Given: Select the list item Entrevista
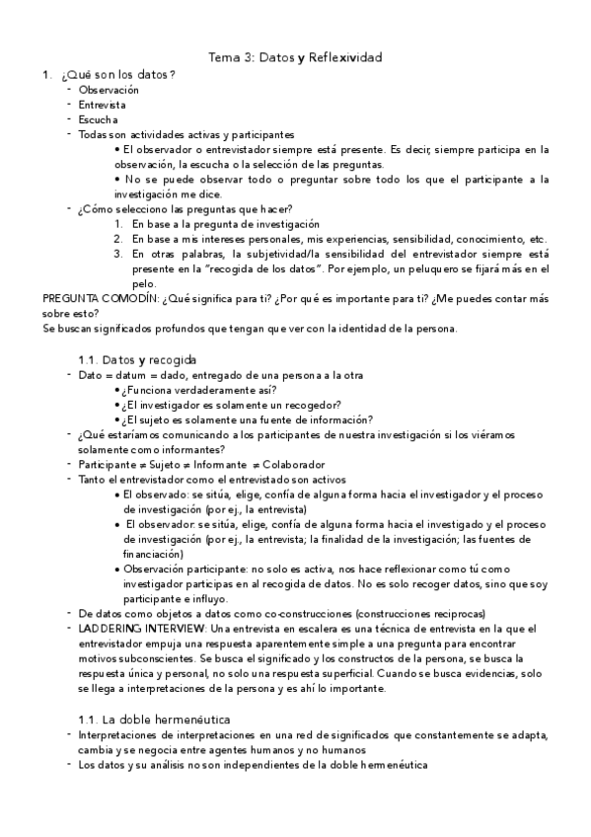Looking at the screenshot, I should (103, 105).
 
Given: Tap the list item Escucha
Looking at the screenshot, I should (99, 119).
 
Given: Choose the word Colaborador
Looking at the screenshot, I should (295, 464).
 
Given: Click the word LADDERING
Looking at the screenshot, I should (107, 628).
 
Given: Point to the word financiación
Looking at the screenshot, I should (146, 554).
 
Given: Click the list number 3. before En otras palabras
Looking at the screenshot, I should (117, 254).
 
